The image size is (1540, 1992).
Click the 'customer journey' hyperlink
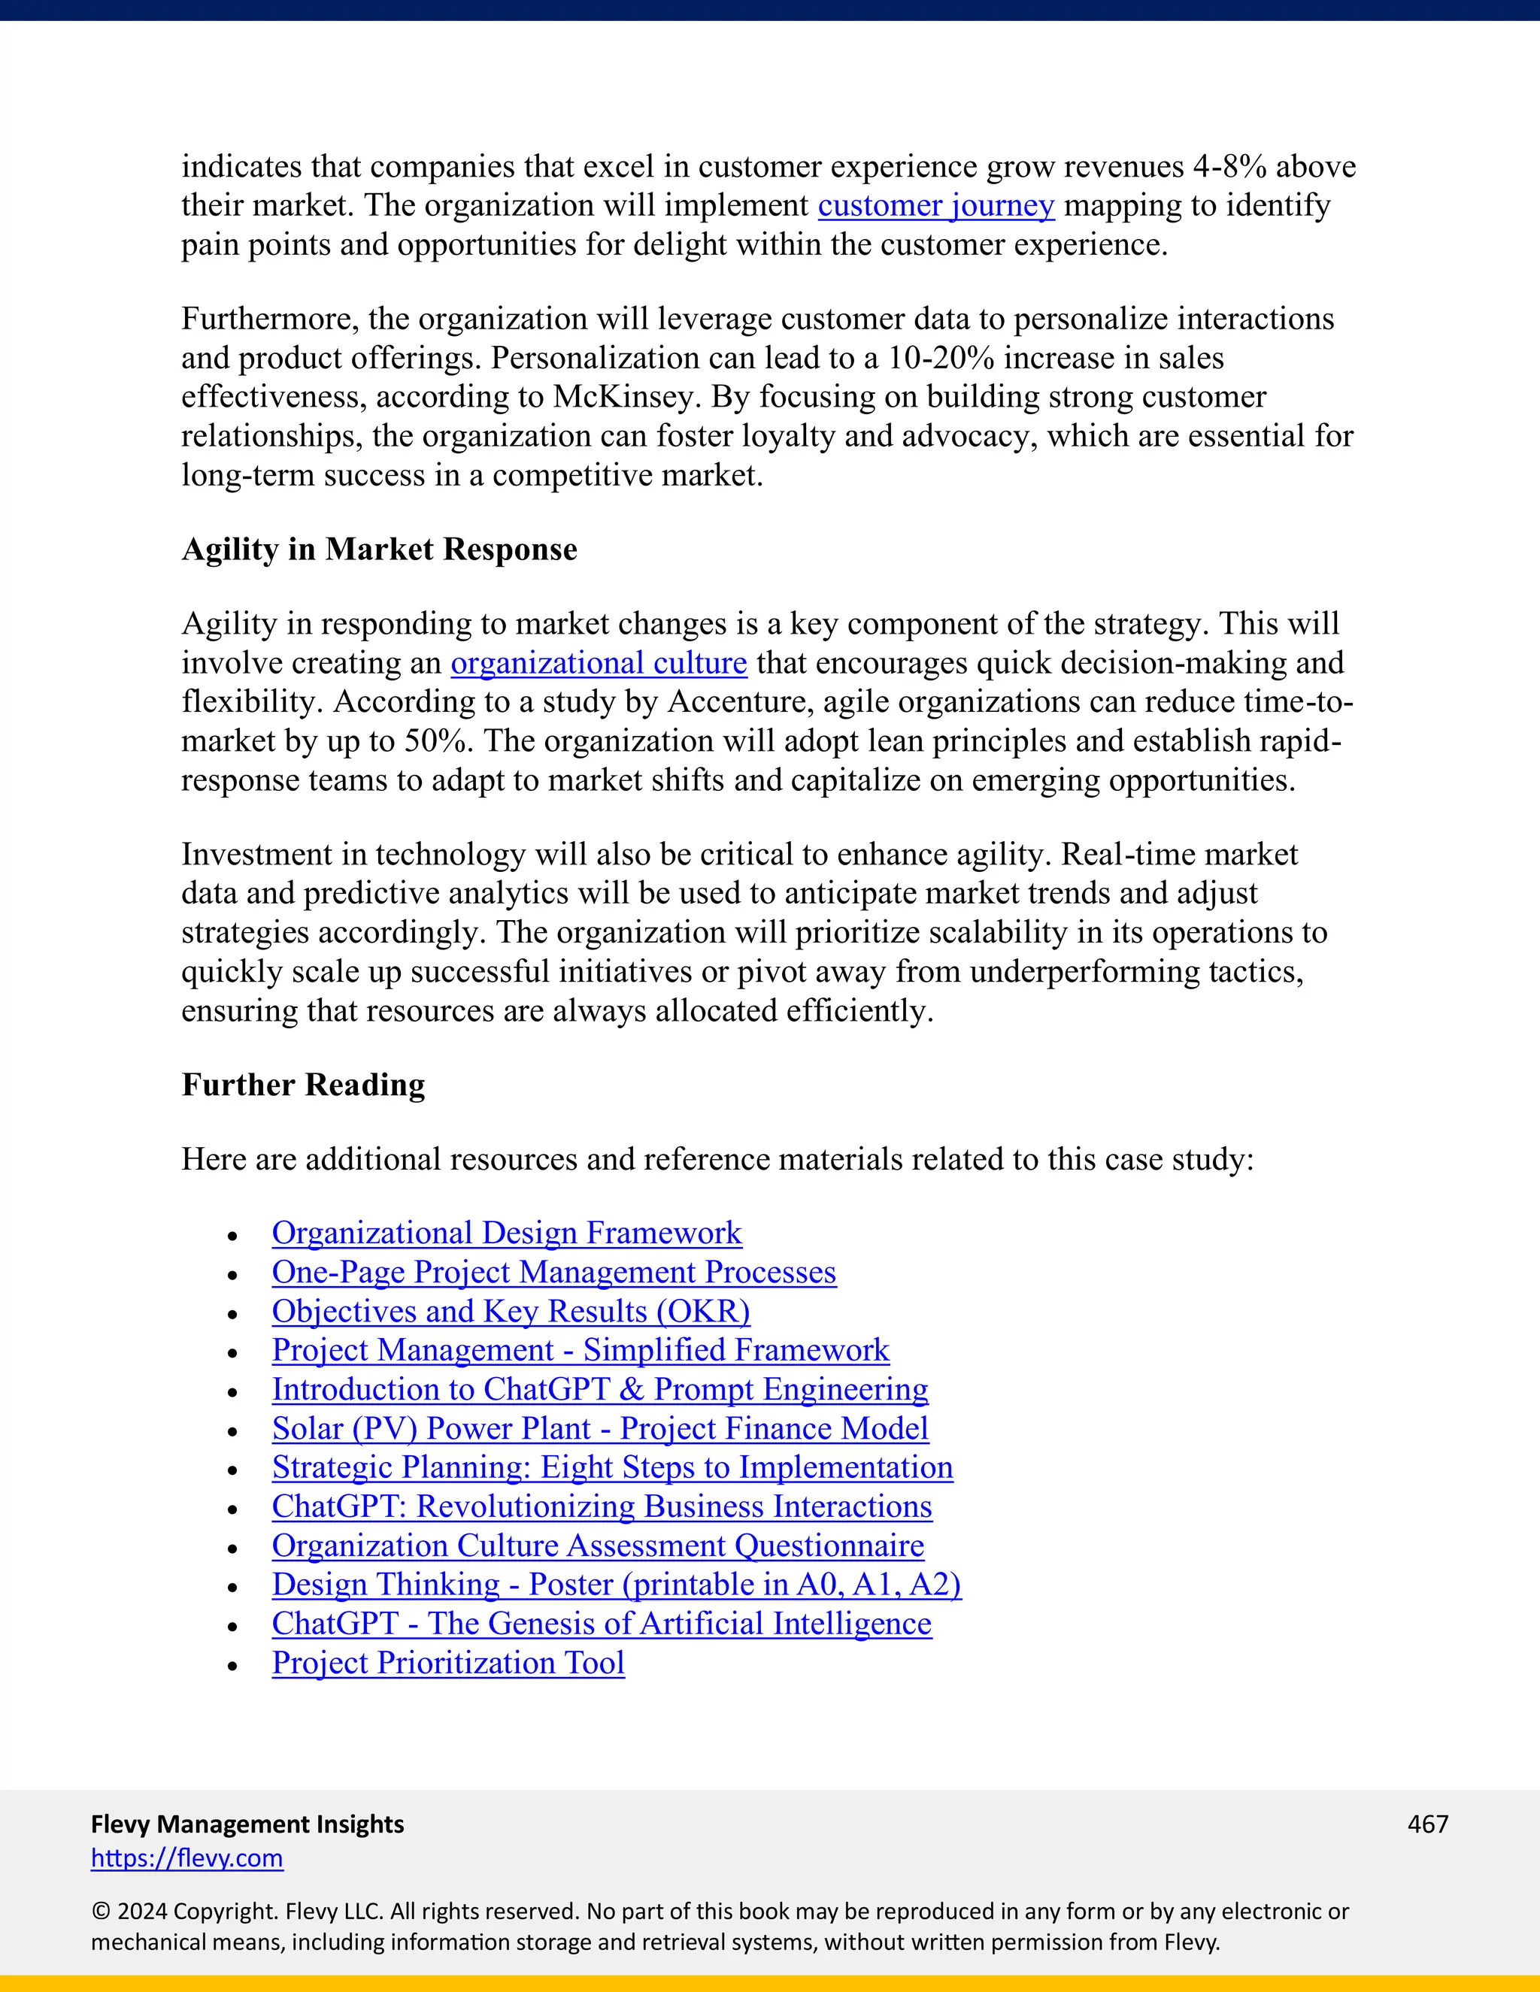click(935, 206)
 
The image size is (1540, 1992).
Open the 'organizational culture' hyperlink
click(599, 663)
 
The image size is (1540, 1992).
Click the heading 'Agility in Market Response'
click(379, 549)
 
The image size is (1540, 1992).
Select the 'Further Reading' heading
click(303, 1085)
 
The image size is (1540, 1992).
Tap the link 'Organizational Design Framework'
click(506, 1233)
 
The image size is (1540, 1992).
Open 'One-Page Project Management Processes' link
click(553, 1273)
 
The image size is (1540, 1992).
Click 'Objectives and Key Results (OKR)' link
click(511, 1312)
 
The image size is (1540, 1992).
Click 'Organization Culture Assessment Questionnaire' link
click(598, 1546)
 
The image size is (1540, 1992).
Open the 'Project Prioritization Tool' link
click(448, 1663)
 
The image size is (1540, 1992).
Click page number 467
click(1428, 1824)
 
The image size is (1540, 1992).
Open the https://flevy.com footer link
click(187, 1858)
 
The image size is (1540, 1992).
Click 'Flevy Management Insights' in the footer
click(247, 1824)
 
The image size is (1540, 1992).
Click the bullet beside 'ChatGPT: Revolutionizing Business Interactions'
click(232, 1509)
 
